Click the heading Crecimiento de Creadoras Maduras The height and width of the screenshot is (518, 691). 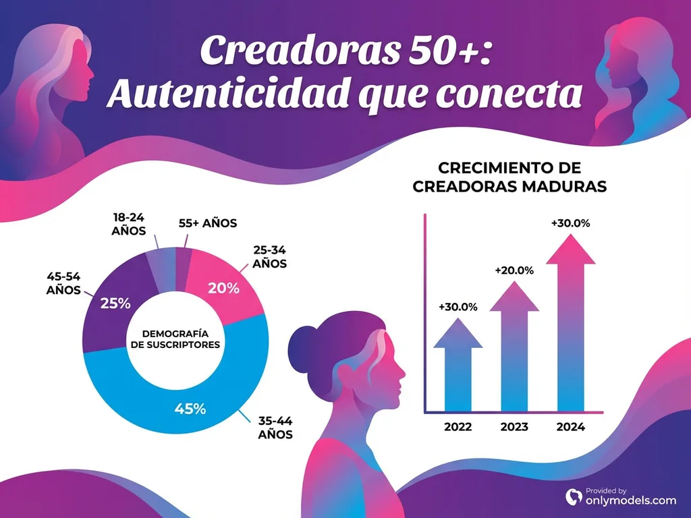coord(509,177)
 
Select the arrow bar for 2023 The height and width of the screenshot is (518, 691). coord(514,351)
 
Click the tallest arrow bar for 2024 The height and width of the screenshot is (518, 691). coord(571,324)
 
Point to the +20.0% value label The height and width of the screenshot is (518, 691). coord(514,270)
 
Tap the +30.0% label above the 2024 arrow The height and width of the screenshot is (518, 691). coord(571,223)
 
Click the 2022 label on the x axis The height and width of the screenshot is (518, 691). coord(458,427)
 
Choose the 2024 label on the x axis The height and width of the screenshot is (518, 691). coord(571,427)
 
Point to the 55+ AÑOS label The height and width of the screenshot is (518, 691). coord(208,223)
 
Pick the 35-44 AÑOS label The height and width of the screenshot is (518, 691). coord(275,428)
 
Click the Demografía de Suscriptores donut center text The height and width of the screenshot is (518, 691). coord(175,339)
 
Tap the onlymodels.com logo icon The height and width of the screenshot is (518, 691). coord(574,496)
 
